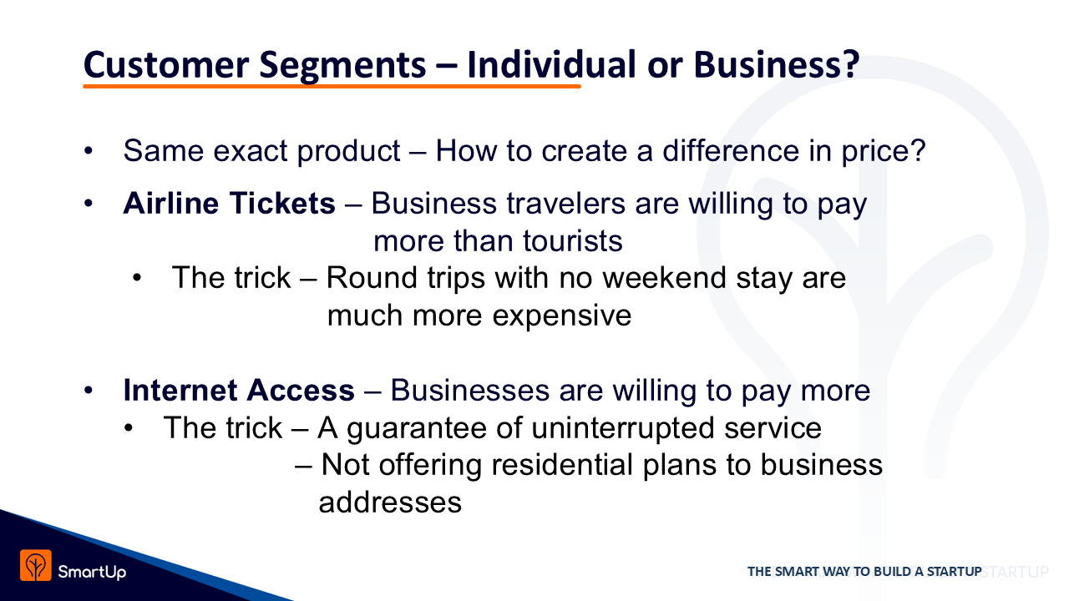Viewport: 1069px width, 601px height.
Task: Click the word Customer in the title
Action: (166, 65)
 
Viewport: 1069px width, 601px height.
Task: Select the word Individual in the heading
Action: (551, 64)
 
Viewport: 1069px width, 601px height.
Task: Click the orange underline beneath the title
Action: (332, 86)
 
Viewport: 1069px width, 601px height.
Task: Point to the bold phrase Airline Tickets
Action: (229, 203)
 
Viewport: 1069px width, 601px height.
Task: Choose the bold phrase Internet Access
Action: (239, 390)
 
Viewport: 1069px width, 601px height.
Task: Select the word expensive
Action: (562, 316)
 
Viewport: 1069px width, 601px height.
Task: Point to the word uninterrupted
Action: (623, 427)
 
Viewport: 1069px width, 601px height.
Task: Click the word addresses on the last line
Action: (390, 503)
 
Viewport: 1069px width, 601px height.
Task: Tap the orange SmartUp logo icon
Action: (35, 565)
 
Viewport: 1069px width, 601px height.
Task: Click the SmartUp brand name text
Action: (92, 572)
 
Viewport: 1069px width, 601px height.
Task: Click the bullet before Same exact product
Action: (89, 151)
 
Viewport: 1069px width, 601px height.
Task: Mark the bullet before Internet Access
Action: (89, 391)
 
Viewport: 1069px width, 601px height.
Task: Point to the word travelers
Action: (565, 203)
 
